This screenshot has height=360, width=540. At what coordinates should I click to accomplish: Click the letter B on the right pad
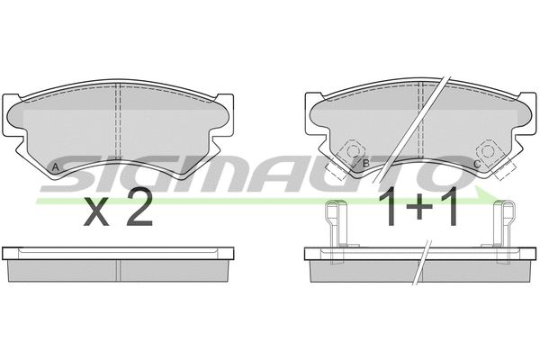365,165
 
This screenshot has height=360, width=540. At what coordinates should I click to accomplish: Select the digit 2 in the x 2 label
138,211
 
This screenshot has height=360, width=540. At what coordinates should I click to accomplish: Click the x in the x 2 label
97,214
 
